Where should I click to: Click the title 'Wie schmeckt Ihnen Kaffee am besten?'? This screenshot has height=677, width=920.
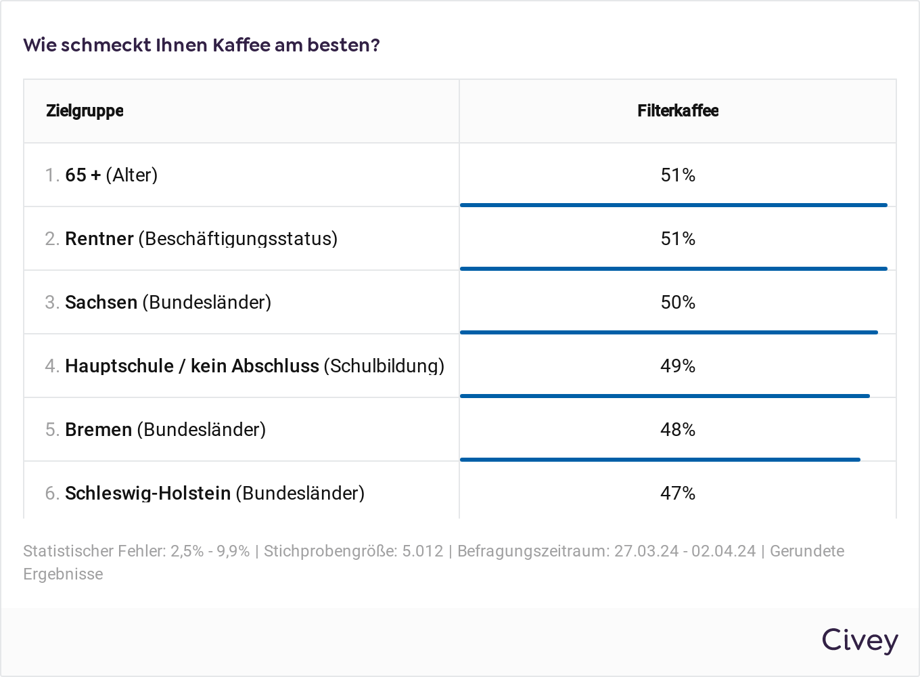click(x=202, y=45)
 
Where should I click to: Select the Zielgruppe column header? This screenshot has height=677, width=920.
click(x=85, y=111)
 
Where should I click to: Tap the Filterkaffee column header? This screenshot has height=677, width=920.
click(x=678, y=111)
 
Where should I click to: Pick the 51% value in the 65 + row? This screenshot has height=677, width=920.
click(x=678, y=175)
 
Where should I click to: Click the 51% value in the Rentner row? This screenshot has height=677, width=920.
click(x=678, y=238)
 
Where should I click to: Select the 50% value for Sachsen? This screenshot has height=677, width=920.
click(x=678, y=302)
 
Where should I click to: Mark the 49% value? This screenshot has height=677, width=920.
click(x=678, y=366)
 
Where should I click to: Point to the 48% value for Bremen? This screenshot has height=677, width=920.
click(x=678, y=429)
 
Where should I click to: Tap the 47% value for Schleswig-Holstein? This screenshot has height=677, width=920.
click(x=678, y=493)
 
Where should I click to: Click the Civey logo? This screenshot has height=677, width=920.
click(x=860, y=640)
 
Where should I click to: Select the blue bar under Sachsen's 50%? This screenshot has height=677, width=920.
click(x=668, y=332)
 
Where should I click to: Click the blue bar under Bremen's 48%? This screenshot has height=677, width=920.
click(x=660, y=460)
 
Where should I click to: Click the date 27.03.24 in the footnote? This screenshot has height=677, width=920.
click(x=646, y=551)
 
